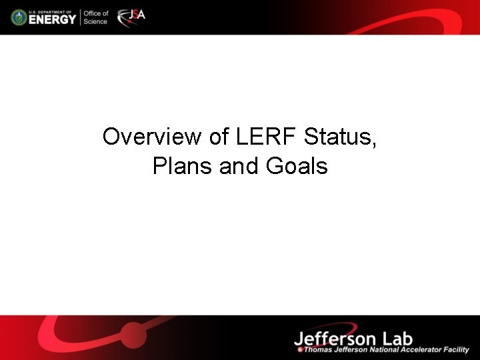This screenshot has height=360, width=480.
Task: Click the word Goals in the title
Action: coord(297,165)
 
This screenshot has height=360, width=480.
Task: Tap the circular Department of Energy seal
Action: coord(19,17)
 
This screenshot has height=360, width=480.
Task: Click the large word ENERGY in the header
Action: coord(52,19)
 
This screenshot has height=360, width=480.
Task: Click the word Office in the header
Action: coord(95,13)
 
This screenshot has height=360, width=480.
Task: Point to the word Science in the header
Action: coord(95,21)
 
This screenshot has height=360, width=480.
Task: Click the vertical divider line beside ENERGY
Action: coord(80,17)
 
